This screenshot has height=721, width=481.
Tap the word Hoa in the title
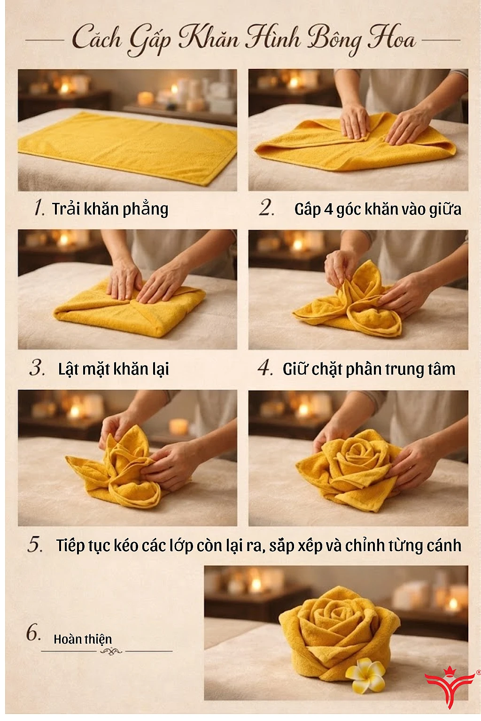[392, 38]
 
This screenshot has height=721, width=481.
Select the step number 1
[39, 207]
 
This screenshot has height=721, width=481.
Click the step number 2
[267, 207]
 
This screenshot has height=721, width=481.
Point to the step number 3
[37, 368]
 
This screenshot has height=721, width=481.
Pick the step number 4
[265, 368]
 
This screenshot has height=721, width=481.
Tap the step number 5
[35, 545]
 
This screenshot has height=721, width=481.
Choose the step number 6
[33, 633]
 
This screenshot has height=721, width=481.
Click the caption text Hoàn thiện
[83, 639]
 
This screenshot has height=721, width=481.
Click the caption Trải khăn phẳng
[110, 208]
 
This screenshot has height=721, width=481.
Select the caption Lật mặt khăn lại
[113, 369]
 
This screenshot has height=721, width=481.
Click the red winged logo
[450, 684]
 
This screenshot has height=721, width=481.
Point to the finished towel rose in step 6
[338, 629]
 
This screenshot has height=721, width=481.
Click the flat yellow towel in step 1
[127, 146]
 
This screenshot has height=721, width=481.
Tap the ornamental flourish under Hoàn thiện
[111, 651]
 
